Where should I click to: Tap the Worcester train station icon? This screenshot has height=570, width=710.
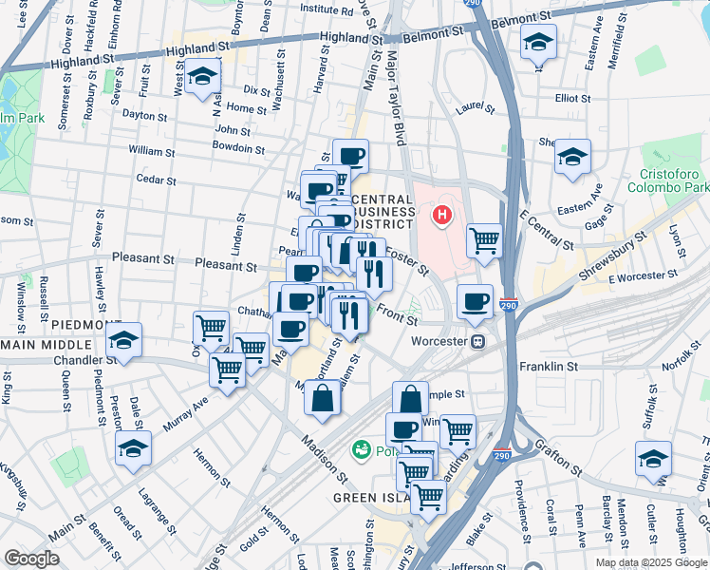(x=480, y=340)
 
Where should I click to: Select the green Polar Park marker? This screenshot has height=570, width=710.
(x=361, y=448)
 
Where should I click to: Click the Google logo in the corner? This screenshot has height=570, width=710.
(x=32, y=559)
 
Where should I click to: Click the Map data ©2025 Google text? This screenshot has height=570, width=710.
(x=650, y=562)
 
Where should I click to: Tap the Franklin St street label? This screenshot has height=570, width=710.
(x=548, y=366)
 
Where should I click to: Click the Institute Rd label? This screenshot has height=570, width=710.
(x=299, y=9)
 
